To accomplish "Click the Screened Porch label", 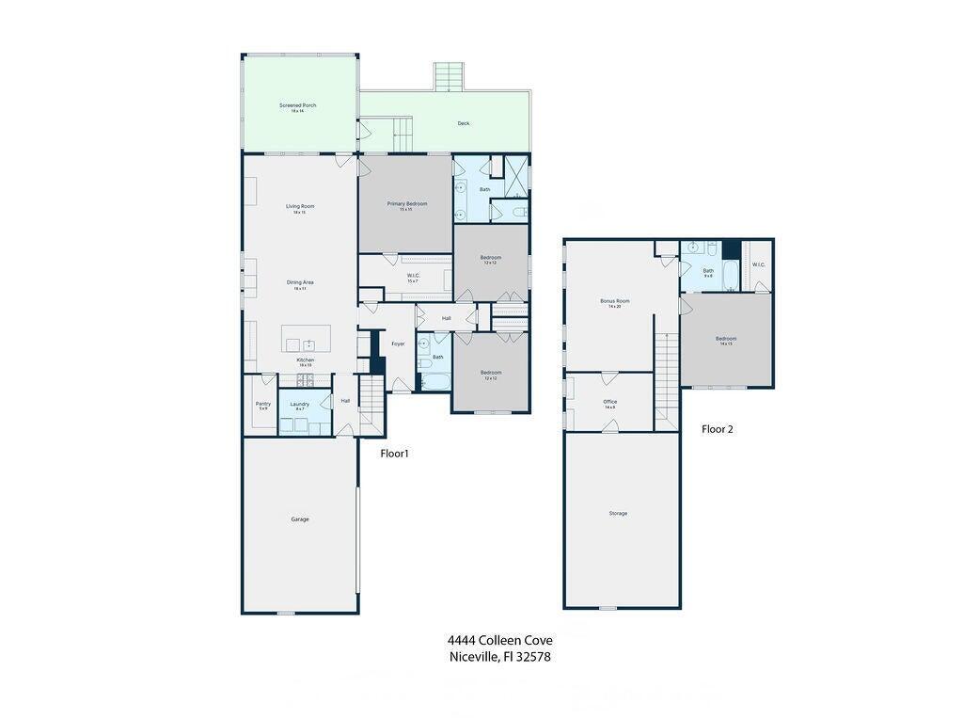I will click(297, 105).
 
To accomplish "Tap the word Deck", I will click(463, 123).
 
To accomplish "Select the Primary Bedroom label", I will click(406, 204).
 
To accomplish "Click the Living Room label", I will click(300, 206).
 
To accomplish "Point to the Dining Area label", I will click(300, 282).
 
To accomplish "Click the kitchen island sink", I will click(307, 344).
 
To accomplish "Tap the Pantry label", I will click(263, 404).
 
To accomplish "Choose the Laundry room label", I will click(299, 404).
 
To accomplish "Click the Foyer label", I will click(398, 344).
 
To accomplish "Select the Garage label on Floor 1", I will click(299, 519).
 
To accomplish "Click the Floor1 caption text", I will click(394, 454).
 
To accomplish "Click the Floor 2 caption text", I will click(717, 429).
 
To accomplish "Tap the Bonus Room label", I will click(615, 301).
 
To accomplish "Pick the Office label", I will click(610, 402).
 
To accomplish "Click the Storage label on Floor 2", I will click(618, 513).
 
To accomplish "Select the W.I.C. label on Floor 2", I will click(758, 264).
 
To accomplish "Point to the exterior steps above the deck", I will click(449, 75).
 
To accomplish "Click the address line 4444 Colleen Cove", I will click(499, 641).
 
